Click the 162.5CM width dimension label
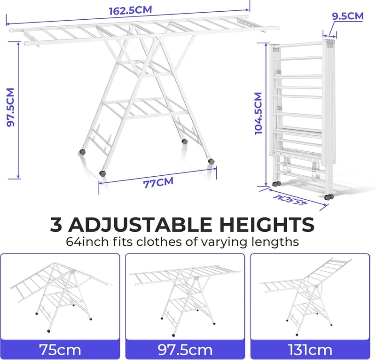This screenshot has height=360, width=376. coord(131,10)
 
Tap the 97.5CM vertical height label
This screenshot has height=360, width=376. coord(11,107)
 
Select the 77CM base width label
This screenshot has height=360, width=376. coord(158,183)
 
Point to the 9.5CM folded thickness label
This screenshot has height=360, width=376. coord(348,16)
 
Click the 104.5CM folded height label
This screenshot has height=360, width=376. coord(258,113)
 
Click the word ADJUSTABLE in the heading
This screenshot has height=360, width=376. coord(140,225)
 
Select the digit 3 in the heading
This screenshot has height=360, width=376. coord(55,225)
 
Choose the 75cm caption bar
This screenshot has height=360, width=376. coord(60,350)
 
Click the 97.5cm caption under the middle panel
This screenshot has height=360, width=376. coord(185,350)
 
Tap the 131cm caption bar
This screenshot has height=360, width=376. coord(310,350)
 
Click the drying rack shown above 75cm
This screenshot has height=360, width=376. coord(61,297)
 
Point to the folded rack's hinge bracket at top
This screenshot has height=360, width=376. coord(331,43)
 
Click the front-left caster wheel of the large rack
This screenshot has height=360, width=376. coord(102,173)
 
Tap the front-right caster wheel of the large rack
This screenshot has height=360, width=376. coord(211,161)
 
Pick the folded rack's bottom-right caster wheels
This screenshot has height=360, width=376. coord(329,197)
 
